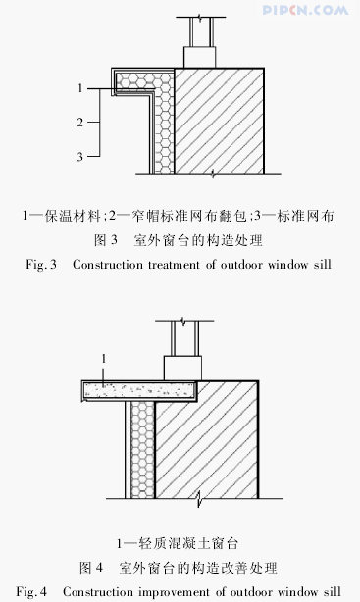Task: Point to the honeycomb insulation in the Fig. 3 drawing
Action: coord(164,118)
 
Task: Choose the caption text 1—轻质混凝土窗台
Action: coord(179,541)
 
